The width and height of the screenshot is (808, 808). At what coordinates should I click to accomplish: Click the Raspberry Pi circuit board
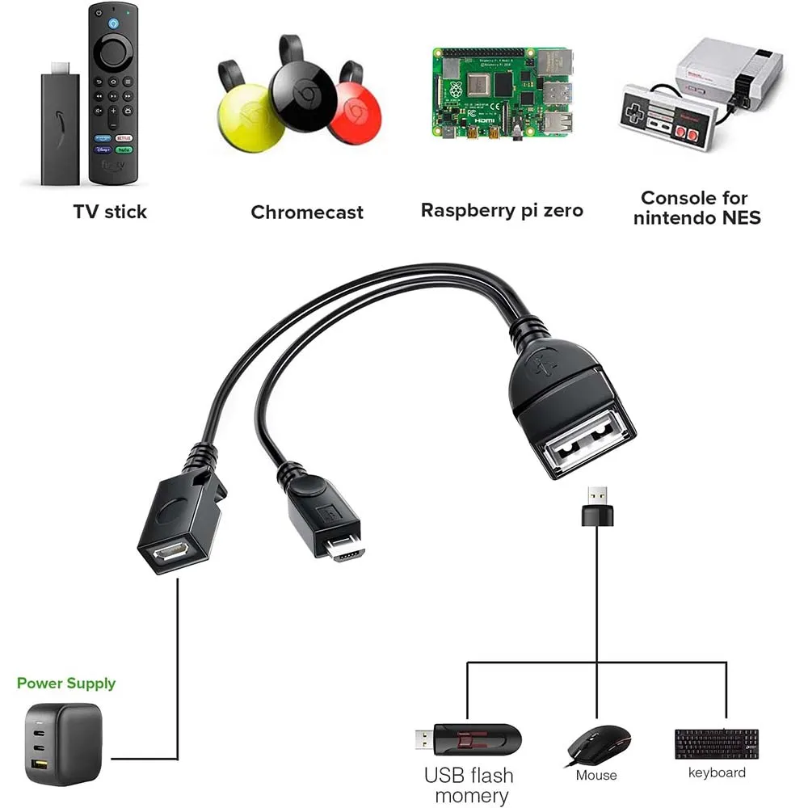pos(502,92)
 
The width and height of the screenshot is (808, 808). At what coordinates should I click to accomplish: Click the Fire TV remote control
pos(112,93)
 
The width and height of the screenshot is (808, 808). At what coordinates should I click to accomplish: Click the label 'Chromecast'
pos(307,213)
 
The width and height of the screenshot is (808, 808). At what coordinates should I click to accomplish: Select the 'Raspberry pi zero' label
pos(502,211)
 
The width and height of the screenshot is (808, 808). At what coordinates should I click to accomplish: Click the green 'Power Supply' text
pos(66,684)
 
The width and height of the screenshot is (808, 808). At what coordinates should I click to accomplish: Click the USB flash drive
pos(469,739)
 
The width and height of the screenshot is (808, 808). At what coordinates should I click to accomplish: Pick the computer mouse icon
pos(598,744)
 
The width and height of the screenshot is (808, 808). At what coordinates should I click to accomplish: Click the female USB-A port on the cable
pos(586,444)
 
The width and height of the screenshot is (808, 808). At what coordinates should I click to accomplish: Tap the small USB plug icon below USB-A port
pos(597,507)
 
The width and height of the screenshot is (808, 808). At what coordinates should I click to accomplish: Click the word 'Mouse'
pos(596,776)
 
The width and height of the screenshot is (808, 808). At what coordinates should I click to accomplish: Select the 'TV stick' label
pos(110,212)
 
